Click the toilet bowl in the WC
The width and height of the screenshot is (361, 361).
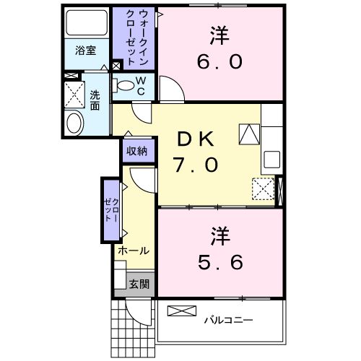[x=127, y=86]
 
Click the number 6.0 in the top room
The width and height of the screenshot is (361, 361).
[x=216, y=61]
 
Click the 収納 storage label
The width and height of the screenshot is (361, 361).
[x=137, y=151]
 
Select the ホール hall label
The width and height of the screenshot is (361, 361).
[x=133, y=251]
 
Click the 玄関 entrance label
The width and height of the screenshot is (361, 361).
[x=139, y=284]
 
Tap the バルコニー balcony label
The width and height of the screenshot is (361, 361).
[x=227, y=318]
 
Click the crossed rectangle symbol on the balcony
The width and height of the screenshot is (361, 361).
[x=182, y=311]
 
